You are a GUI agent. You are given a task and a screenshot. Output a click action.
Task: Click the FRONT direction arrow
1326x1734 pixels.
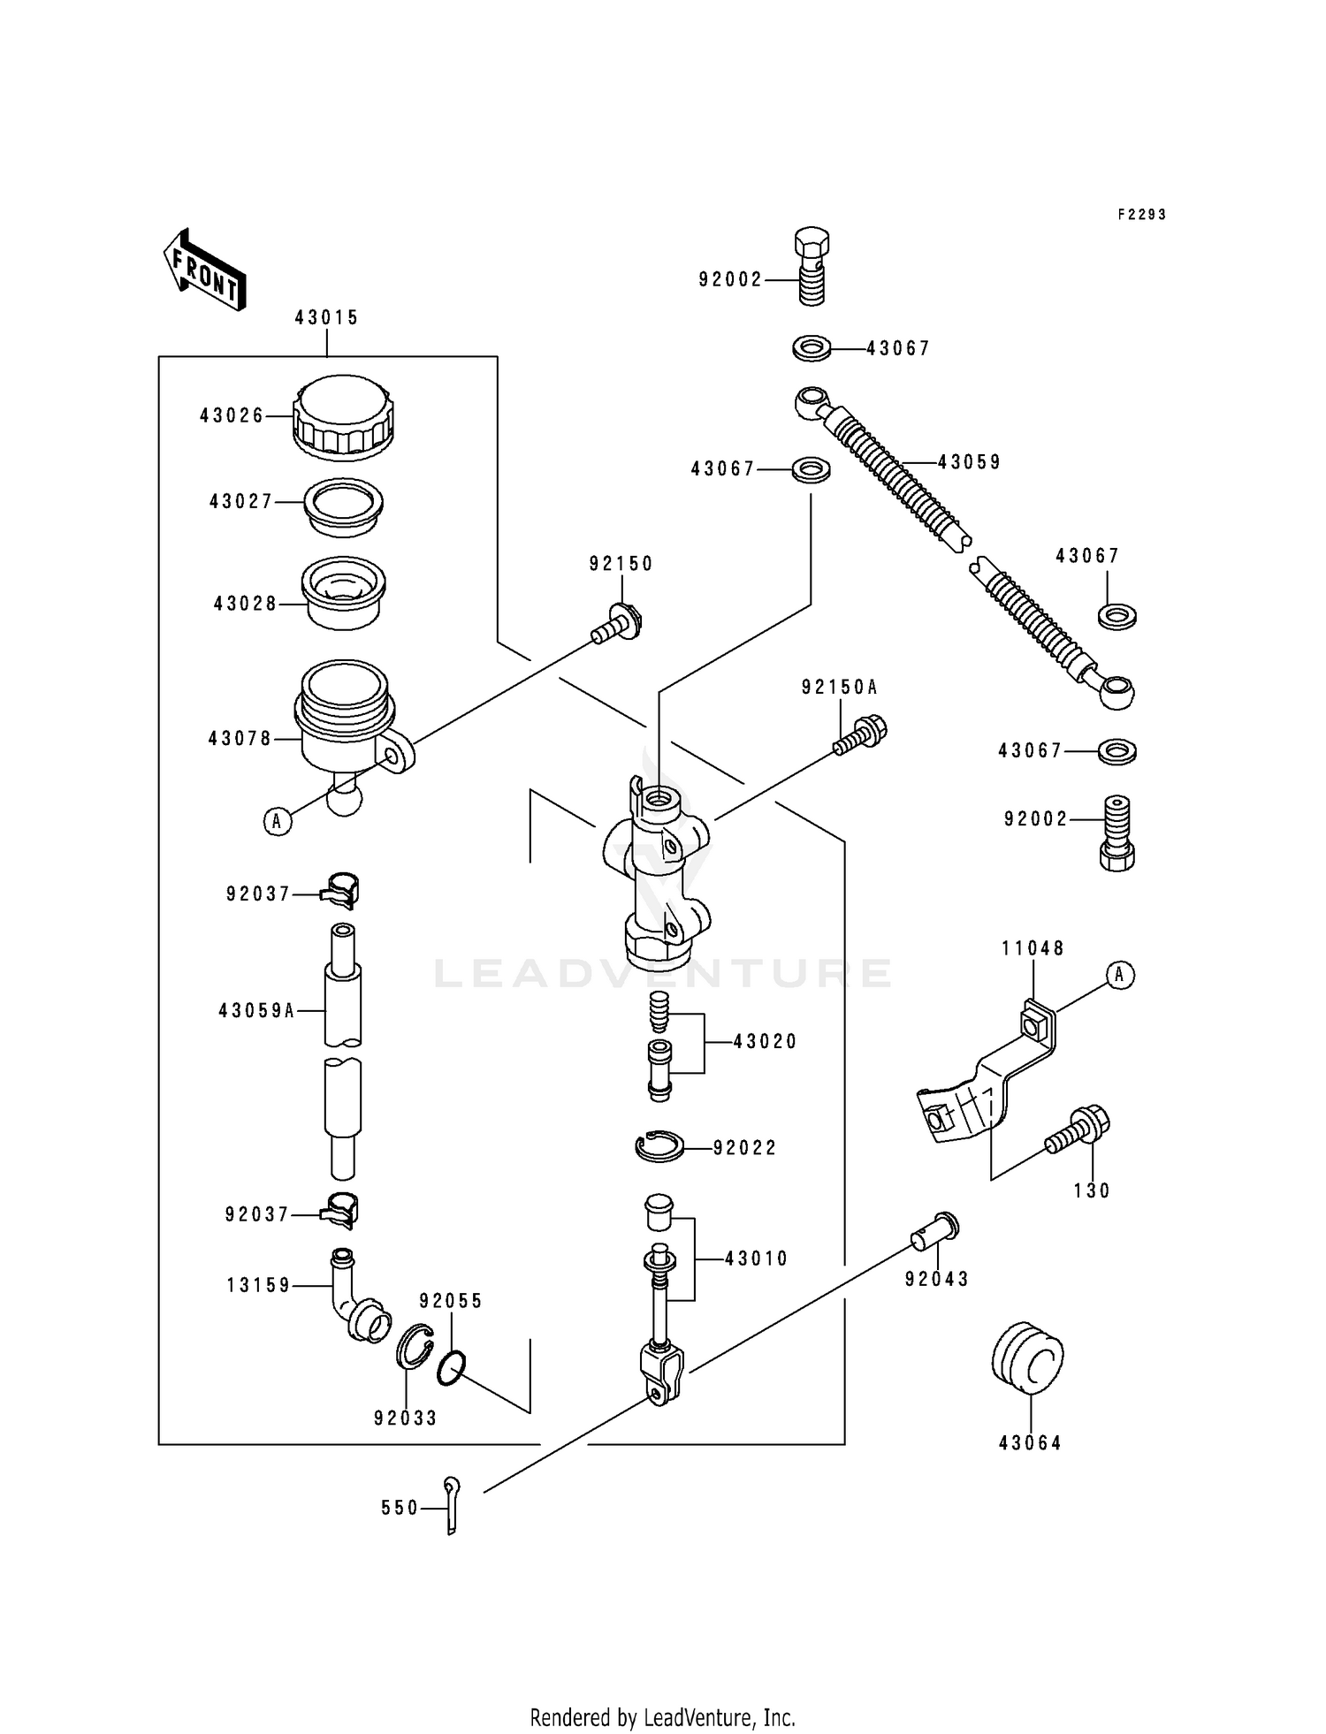click(204, 270)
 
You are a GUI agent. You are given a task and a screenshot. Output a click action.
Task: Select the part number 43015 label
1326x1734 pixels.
click(326, 317)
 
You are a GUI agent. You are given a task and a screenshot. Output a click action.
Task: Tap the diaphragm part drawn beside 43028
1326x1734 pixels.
click(343, 591)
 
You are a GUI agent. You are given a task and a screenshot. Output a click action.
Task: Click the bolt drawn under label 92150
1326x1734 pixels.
click(617, 624)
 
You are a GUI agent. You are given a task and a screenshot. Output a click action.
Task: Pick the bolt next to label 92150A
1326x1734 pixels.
click(860, 737)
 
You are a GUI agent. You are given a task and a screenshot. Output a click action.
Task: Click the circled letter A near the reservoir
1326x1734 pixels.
click(278, 821)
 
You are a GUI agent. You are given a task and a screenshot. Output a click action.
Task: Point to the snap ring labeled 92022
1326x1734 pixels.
click(659, 1146)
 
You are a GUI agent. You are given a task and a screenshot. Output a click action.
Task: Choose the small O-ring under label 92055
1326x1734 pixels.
click(450, 1368)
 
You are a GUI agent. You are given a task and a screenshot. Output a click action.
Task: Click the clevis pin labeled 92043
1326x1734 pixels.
click(935, 1230)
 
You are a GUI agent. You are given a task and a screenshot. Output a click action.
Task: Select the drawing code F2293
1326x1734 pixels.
click(1141, 215)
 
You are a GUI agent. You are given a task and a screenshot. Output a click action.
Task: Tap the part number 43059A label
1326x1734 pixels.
click(256, 1010)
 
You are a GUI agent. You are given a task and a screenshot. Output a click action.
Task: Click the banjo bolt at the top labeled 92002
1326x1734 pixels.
click(812, 265)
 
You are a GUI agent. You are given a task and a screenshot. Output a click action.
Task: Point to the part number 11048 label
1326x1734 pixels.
click(1033, 948)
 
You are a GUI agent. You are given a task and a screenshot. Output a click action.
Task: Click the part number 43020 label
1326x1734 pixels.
click(765, 1042)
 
